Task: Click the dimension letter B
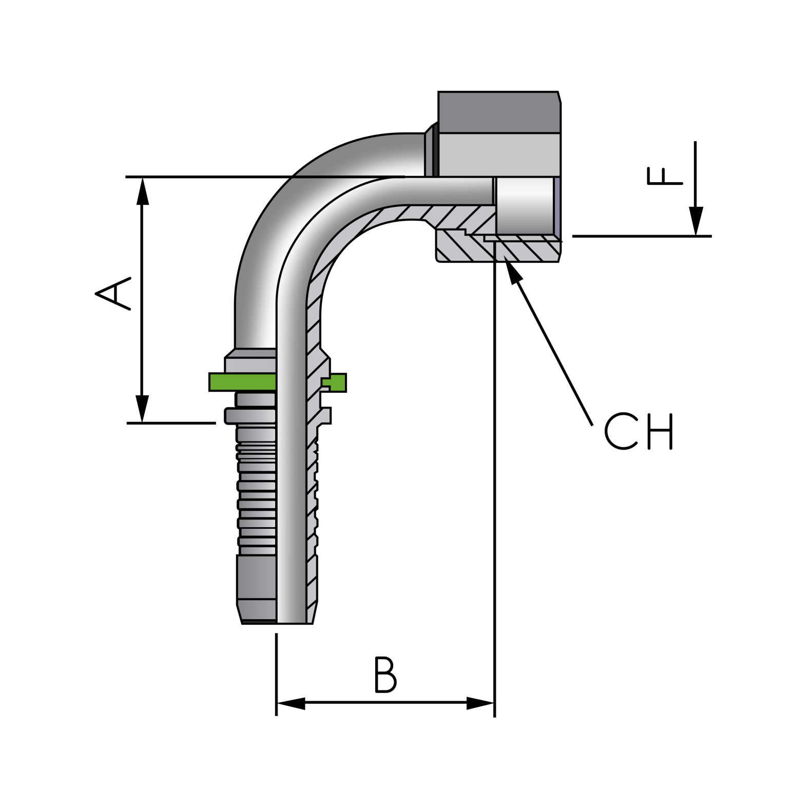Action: tap(385, 675)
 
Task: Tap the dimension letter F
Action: tap(664, 176)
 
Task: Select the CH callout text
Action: tap(638, 431)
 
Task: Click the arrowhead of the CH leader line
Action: tap(512, 270)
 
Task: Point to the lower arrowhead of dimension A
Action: tap(142, 409)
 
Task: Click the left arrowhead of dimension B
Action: tap(291, 703)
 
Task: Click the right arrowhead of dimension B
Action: tap(480, 703)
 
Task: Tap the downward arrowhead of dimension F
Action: tap(696, 221)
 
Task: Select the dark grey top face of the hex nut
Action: tap(498, 112)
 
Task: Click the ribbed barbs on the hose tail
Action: tap(256, 493)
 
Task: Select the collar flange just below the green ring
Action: tap(250, 416)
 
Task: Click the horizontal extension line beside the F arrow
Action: tap(642, 236)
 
